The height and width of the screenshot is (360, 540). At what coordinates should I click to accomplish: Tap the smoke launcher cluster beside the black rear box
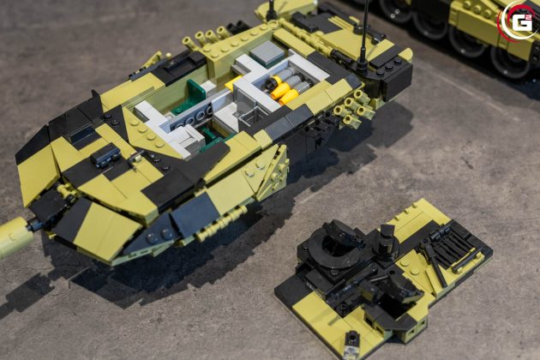point(352,108)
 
